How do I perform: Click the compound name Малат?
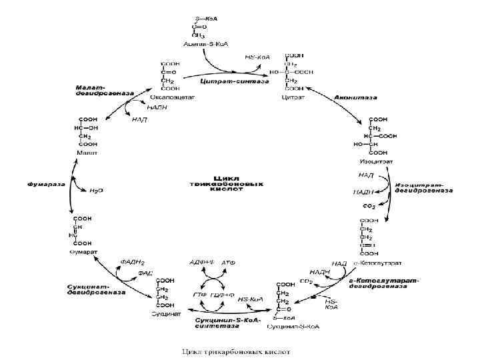(x=87, y=153)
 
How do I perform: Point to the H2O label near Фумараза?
(x=97, y=190)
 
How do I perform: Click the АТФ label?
(x=228, y=263)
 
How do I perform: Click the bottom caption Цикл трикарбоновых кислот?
(x=239, y=350)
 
